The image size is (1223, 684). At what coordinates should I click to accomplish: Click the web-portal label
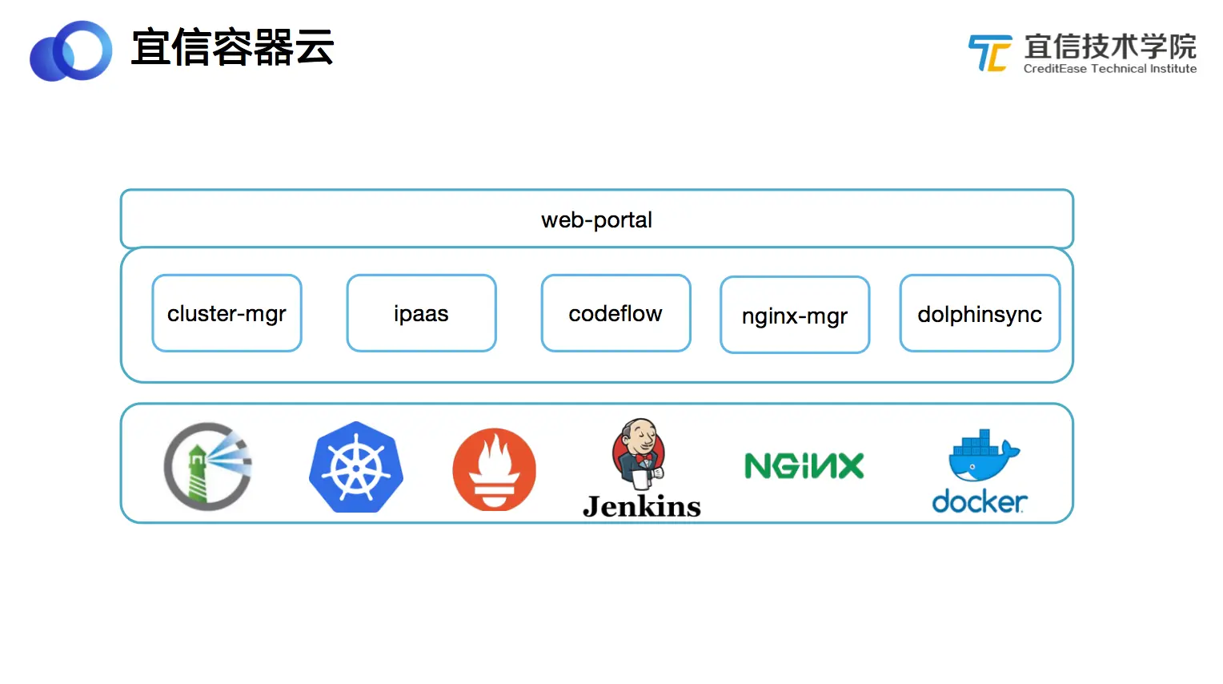pos(596,219)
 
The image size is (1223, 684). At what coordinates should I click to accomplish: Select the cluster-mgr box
pos(227,313)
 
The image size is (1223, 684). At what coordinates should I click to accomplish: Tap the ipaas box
pos(421,313)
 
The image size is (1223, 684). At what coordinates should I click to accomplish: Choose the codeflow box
pos(616,313)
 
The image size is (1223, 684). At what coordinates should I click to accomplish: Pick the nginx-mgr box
pos(794,316)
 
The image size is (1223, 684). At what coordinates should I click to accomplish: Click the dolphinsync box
pos(980,314)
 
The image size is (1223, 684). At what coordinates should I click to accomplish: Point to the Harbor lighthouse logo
pos(207,467)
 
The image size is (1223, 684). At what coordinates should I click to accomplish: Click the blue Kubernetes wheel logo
pos(356,468)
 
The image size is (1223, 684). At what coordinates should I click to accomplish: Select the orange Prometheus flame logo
pos(494,469)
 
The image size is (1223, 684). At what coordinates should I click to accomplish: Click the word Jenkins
pos(642,506)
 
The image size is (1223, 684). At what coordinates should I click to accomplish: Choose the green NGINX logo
pos(804,466)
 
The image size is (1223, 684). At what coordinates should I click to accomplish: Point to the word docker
pos(980,502)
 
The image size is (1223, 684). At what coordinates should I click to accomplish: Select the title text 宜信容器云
pos(232,47)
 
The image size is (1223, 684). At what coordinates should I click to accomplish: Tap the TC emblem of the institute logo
pos(989,53)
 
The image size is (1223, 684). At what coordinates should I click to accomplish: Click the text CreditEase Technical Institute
pos(1109,69)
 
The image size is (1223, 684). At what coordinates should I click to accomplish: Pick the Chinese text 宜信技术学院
pos(1110,46)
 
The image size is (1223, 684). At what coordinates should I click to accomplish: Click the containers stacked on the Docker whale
pos(976,441)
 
